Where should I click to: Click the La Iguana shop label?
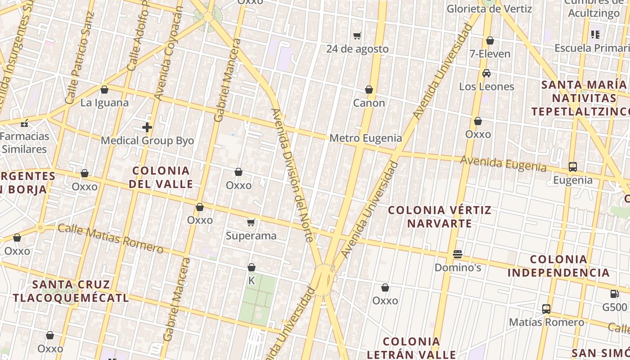point(104,103)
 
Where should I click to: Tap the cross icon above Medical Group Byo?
point(147,127)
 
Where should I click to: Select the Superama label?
point(251,235)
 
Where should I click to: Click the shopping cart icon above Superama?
point(251,222)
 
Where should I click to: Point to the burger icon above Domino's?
point(458,254)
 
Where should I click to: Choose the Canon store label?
point(369,103)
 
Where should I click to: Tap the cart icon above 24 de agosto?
point(357,36)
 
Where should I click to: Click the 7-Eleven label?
point(490,54)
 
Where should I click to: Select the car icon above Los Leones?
point(486,73)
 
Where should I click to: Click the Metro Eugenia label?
point(365,138)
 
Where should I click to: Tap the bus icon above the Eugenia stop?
point(573,167)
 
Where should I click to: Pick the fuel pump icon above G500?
point(614,294)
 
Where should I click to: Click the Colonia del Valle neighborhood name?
point(161,177)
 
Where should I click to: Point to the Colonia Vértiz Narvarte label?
point(440,216)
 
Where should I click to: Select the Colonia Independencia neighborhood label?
point(558,265)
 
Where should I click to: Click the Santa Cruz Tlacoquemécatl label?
point(71,291)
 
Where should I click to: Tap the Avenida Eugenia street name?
point(503,164)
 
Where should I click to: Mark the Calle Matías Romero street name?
point(110,238)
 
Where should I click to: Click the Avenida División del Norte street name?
point(292,175)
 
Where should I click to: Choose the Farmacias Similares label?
point(25,142)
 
